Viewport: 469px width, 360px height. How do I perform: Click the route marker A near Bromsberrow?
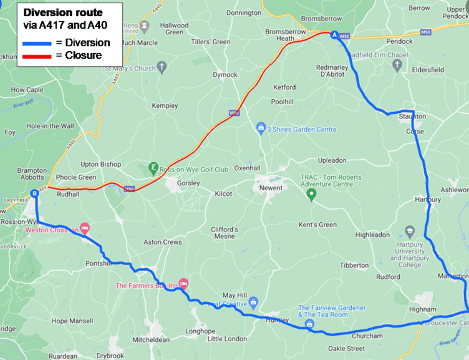[334, 36]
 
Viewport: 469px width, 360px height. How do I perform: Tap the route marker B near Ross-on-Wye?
[35, 194]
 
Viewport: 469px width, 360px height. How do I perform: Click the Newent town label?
[271, 188]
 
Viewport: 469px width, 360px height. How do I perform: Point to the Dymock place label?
[225, 75]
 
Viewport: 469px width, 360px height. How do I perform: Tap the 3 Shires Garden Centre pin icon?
[261, 129]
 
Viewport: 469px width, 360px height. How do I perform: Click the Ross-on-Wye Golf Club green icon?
[153, 168]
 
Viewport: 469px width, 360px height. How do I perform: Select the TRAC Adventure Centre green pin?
[312, 195]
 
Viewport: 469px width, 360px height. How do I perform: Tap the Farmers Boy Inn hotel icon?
[183, 284]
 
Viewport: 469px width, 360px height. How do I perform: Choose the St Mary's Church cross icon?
[162, 67]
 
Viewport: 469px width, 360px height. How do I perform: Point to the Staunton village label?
[412, 117]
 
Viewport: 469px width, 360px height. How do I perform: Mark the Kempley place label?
[165, 106]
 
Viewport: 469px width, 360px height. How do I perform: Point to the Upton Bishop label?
[101, 164]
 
